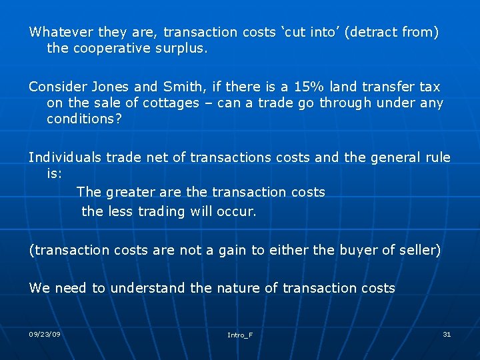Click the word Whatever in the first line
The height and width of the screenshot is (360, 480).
coord(61,32)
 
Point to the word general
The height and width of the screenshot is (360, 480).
coord(391,157)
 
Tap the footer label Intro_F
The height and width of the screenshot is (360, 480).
coord(240,335)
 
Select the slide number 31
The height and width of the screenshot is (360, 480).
coord(447,334)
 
